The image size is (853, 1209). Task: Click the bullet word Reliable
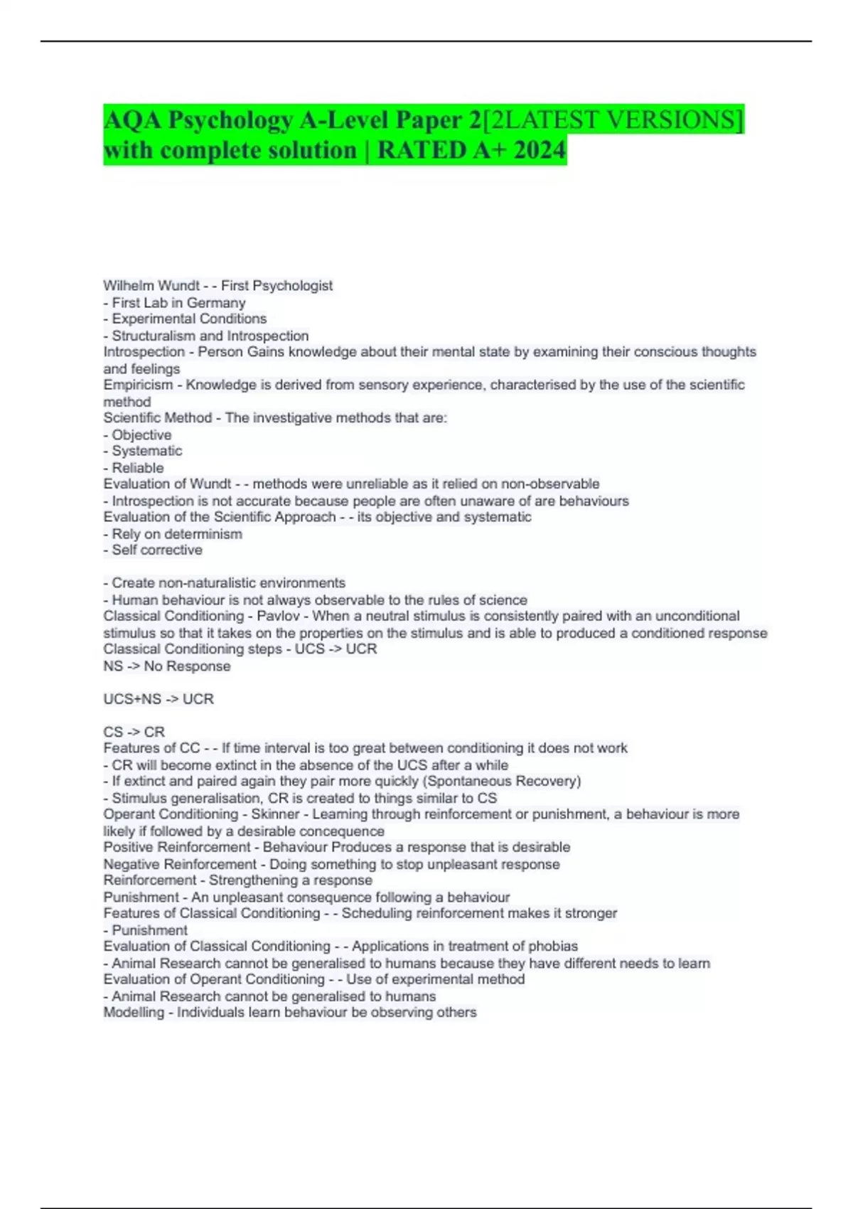138,468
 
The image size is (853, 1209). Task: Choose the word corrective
172,550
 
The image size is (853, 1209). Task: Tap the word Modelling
133,1012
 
